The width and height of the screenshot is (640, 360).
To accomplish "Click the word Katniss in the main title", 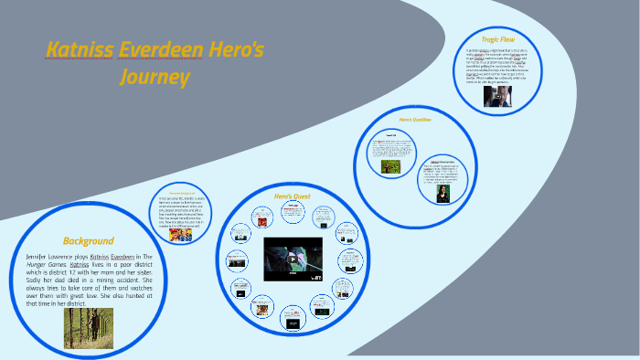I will (80, 49).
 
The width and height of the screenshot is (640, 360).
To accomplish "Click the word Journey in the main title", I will (155, 77).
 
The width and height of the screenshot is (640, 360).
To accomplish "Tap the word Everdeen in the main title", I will (161, 49).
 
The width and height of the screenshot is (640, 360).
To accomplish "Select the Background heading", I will (88, 241).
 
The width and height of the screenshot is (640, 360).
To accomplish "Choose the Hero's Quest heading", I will (293, 196).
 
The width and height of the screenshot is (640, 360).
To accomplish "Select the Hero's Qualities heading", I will (415, 119).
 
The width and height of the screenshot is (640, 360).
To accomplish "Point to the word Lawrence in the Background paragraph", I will (80, 259).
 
